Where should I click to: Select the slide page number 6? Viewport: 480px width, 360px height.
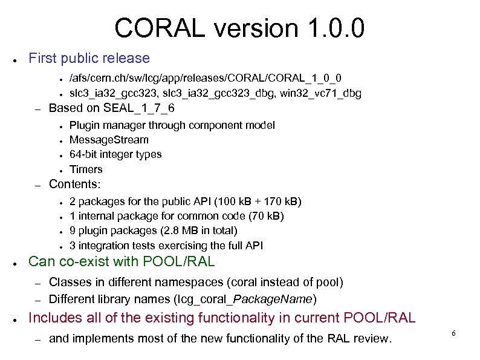click(453, 334)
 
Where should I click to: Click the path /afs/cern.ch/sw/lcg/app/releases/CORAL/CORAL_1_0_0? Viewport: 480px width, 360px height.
click(205, 78)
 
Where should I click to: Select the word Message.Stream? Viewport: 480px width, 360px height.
click(109, 140)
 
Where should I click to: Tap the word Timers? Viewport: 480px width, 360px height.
click(86, 169)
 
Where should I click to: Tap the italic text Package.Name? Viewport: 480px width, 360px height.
click(273, 299)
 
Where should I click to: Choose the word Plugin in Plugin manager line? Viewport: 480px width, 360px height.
click(83, 125)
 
